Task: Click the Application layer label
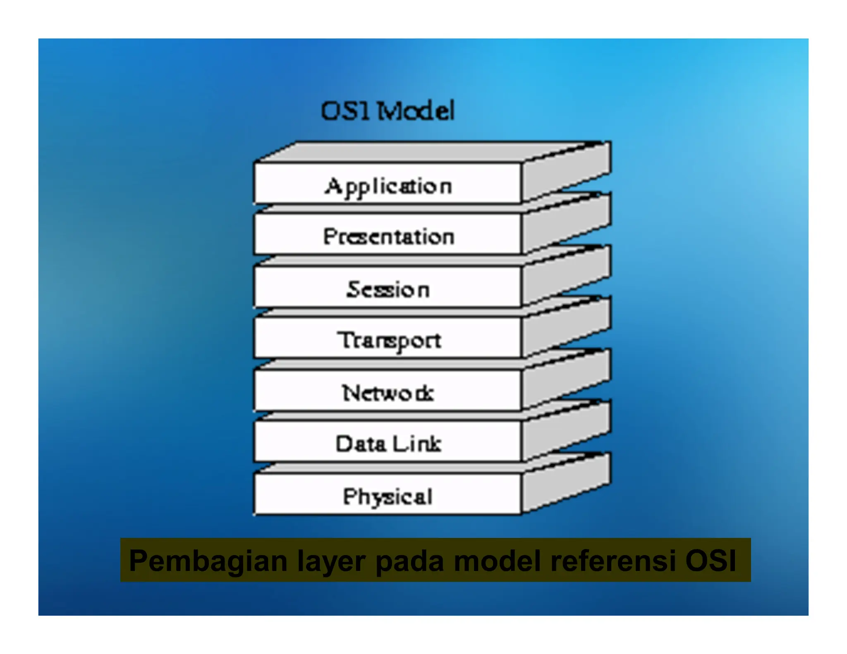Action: pos(388,186)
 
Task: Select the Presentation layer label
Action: pos(388,237)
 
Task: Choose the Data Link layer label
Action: pos(388,444)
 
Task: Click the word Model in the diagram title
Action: pos(416,111)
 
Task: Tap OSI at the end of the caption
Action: pos(711,561)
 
